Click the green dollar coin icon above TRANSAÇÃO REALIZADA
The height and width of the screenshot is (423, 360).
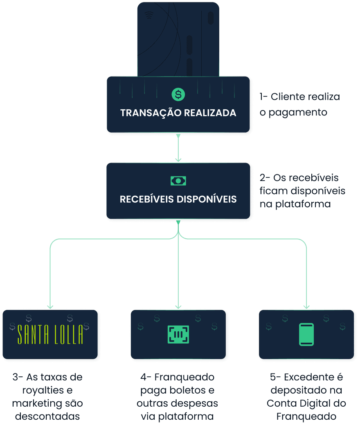178,95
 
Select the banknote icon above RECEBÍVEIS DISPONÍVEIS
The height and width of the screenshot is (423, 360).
178,181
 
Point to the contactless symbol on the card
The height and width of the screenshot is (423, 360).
149,16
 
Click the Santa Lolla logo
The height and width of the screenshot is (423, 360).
50,335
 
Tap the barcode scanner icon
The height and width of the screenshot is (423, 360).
178,334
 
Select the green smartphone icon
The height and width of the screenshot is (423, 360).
306,334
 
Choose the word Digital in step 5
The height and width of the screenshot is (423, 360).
315,403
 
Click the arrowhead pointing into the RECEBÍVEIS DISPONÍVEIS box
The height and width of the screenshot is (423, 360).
178,159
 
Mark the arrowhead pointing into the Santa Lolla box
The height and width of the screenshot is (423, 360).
50,306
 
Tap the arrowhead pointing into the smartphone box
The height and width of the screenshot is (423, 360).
306,306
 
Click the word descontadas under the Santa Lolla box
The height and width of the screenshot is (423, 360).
47,417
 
